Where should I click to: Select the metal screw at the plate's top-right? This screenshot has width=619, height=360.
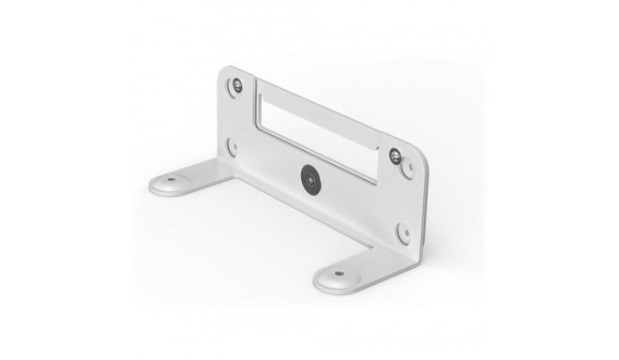click(x=396, y=153)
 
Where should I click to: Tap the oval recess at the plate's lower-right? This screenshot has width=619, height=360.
click(x=402, y=232)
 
